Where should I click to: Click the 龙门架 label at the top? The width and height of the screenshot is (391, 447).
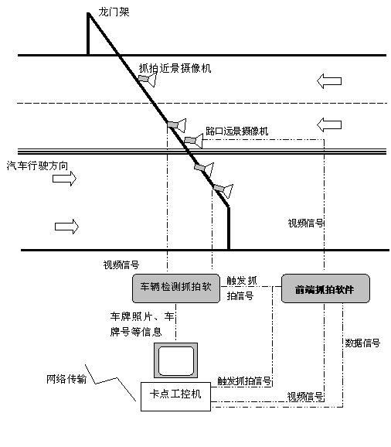(114, 12)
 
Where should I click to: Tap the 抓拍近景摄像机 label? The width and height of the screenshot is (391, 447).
(175, 68)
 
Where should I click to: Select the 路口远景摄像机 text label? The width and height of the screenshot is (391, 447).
(237, 131)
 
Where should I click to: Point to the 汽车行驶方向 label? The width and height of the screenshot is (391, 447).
(37, 165)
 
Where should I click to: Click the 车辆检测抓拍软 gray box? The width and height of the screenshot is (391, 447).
(176, 288)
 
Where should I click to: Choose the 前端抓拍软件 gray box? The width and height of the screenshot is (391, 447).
(325, 288)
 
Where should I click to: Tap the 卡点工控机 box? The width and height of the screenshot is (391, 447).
(175, 397)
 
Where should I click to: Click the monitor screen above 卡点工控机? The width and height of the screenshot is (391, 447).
(175, 360)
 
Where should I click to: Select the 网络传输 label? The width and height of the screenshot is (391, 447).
(66, 379)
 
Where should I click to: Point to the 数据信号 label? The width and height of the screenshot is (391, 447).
(362, 343)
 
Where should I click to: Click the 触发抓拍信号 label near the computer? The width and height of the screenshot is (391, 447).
(244, 380)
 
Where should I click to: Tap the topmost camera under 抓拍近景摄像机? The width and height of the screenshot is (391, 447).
(148, 80)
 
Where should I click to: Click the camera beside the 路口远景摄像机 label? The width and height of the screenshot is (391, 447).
(194, 141)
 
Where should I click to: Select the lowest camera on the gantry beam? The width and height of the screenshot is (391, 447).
(223, 190)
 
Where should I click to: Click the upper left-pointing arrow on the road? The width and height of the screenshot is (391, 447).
(329, 81)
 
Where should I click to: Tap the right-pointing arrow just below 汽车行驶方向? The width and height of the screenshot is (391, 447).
(64, 179)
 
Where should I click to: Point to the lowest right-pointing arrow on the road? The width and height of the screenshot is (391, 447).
(66, 227)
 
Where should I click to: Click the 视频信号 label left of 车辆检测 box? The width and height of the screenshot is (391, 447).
(121, 264)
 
